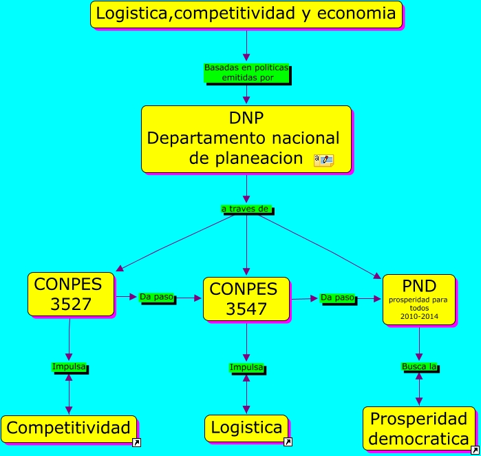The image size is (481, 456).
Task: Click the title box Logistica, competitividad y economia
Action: coord(246,14)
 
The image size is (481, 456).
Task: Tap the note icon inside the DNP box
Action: coord(323,160)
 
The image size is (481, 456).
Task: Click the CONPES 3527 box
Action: coord(70,294)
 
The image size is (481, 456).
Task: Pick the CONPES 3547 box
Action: coord(246,299)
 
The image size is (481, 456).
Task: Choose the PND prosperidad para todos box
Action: coord(418,299)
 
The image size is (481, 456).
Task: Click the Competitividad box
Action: coord(68,428)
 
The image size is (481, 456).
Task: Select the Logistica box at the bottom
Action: coord(246,428)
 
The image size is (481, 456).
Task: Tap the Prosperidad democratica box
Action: coord(418,428)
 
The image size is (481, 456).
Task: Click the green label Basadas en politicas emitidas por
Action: coord(246,73)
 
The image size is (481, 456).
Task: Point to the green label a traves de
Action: coord(246,208)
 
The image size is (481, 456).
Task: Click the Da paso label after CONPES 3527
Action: coord(157,297)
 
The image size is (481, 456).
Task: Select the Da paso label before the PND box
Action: coord(337,298)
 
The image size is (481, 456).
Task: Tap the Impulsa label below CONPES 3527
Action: coord(69,366)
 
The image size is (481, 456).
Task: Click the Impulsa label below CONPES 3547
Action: coord(246,367)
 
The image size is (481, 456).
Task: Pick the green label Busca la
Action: coord(419,366)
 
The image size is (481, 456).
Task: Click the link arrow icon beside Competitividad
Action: coord(136,443)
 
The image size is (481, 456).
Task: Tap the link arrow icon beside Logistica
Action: coord(288,442)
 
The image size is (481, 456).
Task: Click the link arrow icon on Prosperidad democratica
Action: coord(474,450)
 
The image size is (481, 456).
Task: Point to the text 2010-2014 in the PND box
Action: coord(418,316)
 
